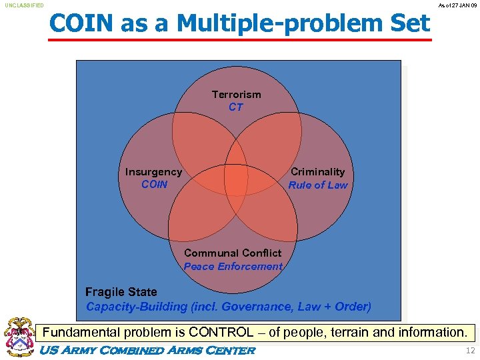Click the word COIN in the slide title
81,24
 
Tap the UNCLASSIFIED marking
25,5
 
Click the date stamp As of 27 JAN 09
457,5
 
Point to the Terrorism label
236,95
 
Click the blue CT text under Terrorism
236,107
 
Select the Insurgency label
153,172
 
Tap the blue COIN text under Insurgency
155,185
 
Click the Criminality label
318,172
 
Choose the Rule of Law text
318,185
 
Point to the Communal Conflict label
233,253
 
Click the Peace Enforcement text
233,267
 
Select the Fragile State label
121,292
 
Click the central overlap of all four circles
236,179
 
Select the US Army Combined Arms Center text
148,351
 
